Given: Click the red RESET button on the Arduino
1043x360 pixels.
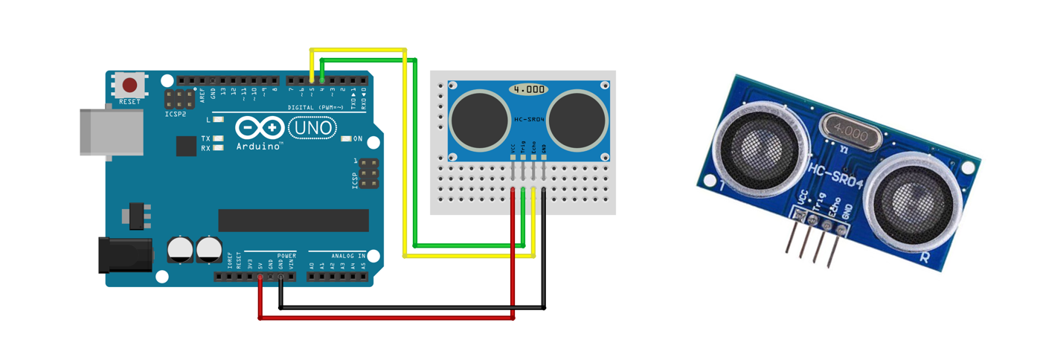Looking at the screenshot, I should (x=129, y=85).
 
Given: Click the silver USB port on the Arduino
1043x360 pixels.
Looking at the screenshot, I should (x=111, y=132).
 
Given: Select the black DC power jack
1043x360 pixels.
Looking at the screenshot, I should (x=124, y=254).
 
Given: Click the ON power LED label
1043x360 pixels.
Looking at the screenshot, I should (x=357, y=139).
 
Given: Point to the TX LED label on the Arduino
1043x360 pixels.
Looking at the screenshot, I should (x=206, y=138).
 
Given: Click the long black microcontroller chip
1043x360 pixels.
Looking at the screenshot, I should (x=293, y=220).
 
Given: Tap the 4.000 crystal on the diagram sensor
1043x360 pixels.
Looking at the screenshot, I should (x=529, y=89).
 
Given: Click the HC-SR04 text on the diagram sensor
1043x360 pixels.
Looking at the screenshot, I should (x=529, y=119).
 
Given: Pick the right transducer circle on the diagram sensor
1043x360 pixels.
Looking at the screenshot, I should (x=578, y=119).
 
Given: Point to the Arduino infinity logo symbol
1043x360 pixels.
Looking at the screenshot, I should (x=260, y=128).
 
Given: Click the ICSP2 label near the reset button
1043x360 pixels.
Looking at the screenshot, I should (x=176, y=114).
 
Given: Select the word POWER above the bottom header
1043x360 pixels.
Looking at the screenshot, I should (x=286, y=256).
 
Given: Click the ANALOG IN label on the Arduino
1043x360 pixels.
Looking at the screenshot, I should (x=348, y=256).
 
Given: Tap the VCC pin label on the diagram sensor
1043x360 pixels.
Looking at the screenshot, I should (x=513, y=150).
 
